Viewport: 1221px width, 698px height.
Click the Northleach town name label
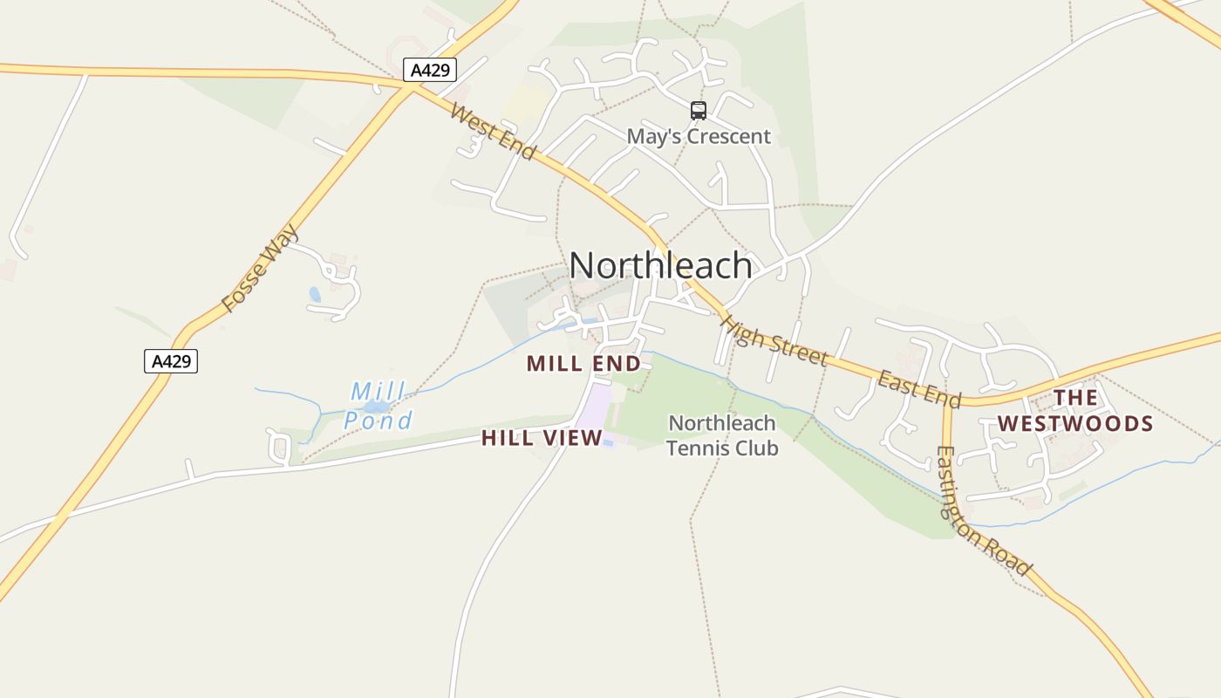point(660,265)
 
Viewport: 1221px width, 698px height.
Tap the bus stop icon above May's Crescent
point(699,110)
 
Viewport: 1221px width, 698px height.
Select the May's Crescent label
point(699,136)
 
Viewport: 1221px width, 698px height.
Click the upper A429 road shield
point(430,70)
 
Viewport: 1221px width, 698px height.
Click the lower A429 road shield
point(171,360)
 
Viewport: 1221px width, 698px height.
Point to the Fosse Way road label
point(260,269)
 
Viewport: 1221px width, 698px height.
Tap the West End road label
point(493,132)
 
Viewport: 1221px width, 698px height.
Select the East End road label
point(919,389)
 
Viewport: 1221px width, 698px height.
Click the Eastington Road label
point(984,510)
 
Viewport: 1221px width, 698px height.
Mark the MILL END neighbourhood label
point(583,363)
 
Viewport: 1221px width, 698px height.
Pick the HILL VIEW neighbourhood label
point(542,438)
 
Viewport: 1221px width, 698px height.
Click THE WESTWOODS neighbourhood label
point(1075,411)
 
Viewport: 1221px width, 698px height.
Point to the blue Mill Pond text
point(378,407)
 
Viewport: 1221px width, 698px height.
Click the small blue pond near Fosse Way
point(315,295)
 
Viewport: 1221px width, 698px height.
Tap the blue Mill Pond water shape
point(376,407)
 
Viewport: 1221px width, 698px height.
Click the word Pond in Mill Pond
point(378,421)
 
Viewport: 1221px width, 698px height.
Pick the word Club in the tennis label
point(755,448)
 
